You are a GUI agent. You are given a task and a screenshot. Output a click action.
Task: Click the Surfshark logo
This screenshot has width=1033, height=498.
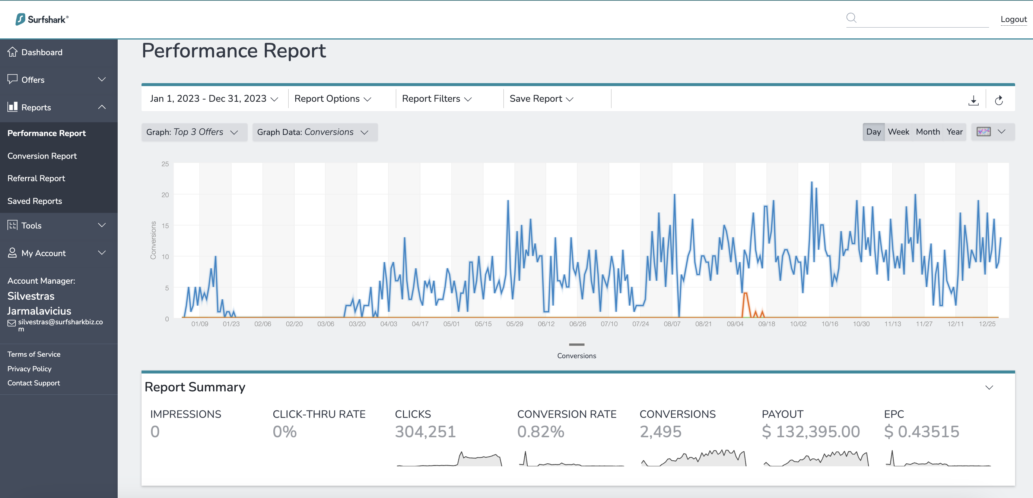pyautogui.click(x=42, y=19)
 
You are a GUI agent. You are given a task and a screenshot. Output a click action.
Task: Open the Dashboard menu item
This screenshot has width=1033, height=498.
pyautogui.click(x=42, y=52)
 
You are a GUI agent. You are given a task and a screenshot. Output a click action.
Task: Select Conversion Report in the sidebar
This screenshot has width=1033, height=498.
pyautogui.click(x=42, y=156)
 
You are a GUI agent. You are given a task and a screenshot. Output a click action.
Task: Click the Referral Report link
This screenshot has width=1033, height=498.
pyautogui.click(x=36, y=178)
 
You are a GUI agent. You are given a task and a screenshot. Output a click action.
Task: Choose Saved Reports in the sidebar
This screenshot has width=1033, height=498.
pyautogui.click(x=35, y=201)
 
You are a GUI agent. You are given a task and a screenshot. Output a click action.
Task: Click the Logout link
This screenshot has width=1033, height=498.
pyautogui.click(x=1013, y=19)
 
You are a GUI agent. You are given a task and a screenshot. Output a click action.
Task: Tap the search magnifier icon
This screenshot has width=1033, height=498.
pyautogui.click(x=851, y=18)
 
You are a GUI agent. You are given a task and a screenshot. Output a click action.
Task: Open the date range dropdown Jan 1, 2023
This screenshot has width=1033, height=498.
pyautogui.click(x=214, y=99)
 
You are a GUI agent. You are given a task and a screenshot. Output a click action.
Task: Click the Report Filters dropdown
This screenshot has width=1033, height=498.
pyautogui.click(x=437, y=99)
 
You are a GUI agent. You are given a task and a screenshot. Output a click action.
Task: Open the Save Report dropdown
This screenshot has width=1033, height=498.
pyautogui.click(x=541, y=99)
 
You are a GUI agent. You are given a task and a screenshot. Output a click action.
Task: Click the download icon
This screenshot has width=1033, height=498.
pyautogui.click(x=973, y=100)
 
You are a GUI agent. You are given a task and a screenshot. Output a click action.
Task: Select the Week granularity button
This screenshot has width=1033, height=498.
pyautogui.click(x=898, y=132)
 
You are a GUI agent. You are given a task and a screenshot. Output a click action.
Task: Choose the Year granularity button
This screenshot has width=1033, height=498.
pyautogui.click(x=954, y=132)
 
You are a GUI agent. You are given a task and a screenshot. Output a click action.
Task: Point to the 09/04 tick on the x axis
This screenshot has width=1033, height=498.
pyautogui.click(x=735, y=324)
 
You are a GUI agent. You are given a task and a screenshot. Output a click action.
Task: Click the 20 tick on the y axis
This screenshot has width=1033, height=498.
pyautogui.click(x=165, y=195)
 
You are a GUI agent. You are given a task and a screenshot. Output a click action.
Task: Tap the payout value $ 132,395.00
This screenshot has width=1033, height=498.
pyautogui.click(x=811, y=432)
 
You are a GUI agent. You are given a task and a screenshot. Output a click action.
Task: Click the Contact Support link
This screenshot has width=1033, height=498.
pyautogui.click(x=34, y=383)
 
